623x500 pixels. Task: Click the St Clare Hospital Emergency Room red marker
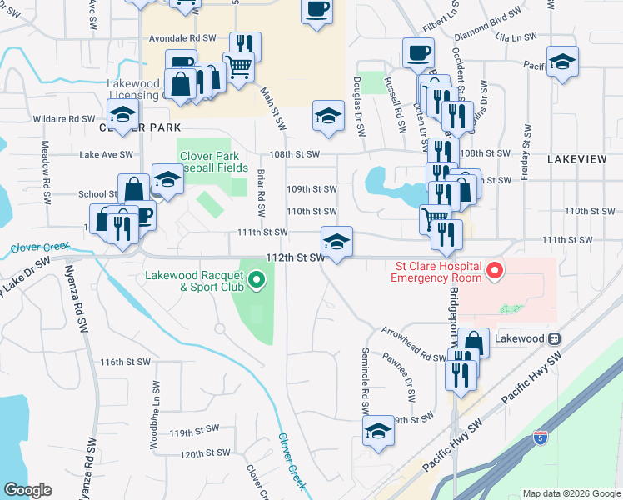click(495, 271)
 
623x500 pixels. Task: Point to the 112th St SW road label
click(294, 257)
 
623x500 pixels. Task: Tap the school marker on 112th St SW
click(336, 242)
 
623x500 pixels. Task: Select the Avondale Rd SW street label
click(182, 38)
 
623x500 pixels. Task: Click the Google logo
click(27, 489)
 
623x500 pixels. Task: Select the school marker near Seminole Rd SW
click(378, 431)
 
